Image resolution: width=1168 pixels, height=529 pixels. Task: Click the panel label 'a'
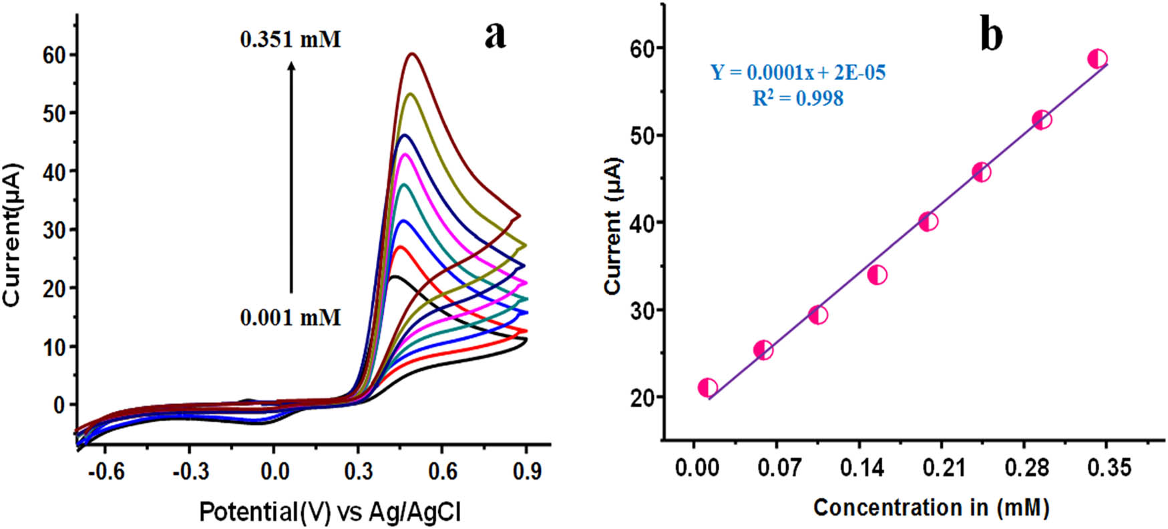click(x=495, y=35)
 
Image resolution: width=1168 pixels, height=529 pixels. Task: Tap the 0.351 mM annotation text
click(x=290, y=40)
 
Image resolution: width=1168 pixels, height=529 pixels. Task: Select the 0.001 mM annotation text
click(x=290, y=317)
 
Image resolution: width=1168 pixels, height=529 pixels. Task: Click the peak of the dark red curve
click(x=413, y=54)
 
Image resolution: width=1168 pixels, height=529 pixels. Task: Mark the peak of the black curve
click(x=394, y=276)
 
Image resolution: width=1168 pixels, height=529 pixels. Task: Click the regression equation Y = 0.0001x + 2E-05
click(x=798, y=72)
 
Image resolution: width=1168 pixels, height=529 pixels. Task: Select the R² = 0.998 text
click(x=798, y=99)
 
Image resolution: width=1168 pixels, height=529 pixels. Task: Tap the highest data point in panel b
click(x=1097, y=59)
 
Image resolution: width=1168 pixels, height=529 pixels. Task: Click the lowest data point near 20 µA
click(x=707, y=388)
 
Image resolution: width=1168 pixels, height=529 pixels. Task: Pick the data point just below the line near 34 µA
click(x=877, y=275)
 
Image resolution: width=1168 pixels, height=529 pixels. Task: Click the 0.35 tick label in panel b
click(x=1109, y=468)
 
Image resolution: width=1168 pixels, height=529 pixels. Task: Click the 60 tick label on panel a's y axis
click(x=55, y=55)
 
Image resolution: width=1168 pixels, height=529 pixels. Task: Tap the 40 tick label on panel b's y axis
click(x=642, y=223)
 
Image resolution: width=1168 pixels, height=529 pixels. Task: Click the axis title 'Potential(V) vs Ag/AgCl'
click(x=330, y=512)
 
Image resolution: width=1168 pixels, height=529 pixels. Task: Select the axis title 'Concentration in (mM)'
click(x=931, y=508)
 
